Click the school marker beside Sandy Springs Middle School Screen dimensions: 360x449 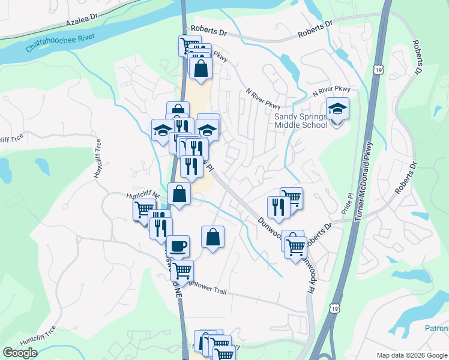click(338, 110)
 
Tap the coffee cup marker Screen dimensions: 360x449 click(178, 246)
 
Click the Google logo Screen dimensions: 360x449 click(20, 352)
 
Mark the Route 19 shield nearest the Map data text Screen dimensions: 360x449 click(335, 308)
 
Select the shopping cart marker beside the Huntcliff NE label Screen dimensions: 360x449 click(144, 210)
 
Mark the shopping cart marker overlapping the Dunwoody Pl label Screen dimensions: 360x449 click(296, 247)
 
